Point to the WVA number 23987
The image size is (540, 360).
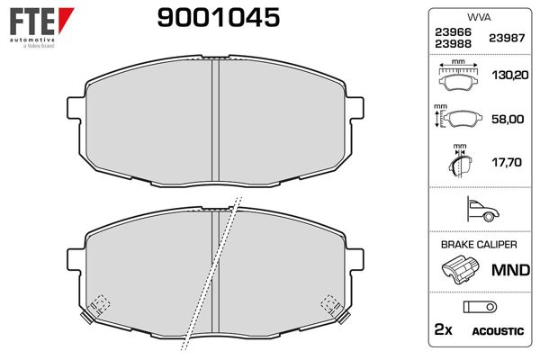click(x=507, y=38)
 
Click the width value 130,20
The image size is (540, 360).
click(x=507, y=77)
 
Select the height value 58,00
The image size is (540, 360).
click(x=507, y=118)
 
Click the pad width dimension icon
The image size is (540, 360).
click(x=459, y=77)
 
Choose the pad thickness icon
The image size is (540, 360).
click(x=461, y=162)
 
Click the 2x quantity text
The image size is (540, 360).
click(x=442, y=331)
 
